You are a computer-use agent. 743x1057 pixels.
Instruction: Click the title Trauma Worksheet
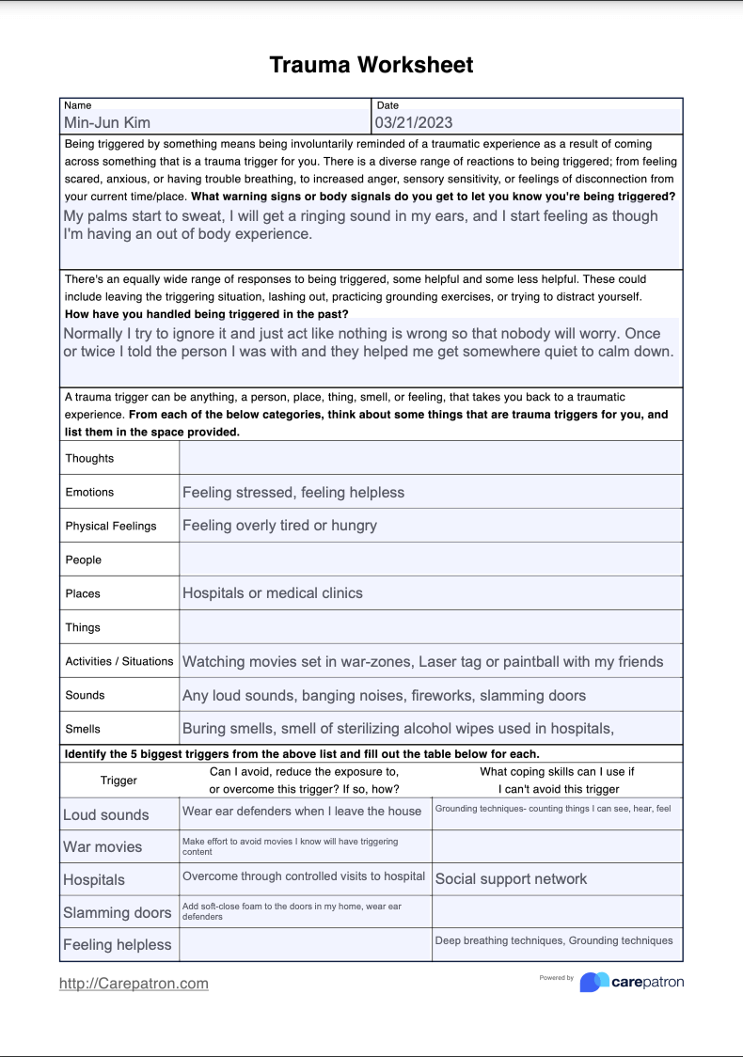tap(371, 65)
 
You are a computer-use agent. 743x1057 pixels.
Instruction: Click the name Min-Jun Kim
tap(107, 122)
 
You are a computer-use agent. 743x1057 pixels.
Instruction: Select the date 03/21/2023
tap(414, 122)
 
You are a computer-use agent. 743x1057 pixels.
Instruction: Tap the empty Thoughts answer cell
tap(430, 458)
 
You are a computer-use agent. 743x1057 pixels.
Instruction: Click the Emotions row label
tap(89, 492)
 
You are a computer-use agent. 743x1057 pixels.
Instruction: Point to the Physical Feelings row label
tap(111, 526)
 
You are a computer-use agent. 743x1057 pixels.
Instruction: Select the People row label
tap(83, 560)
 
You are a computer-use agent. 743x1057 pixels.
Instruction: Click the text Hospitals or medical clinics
tap(272, 593)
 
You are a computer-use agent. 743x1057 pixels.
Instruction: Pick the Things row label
tap(83, 627)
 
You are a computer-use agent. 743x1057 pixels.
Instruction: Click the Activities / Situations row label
tap(119, 661)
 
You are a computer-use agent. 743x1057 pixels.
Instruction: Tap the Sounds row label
tap(85, 695)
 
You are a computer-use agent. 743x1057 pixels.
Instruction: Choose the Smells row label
tap(83, 729)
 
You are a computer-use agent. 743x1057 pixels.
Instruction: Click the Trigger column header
tap(119, 780)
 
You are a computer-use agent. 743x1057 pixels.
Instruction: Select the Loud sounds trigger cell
tap(106, 814)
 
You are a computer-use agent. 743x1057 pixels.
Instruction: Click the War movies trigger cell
tap(103, 846)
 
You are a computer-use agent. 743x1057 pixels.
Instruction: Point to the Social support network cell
tap(511, 879)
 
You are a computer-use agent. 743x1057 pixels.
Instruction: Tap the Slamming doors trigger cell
tap(118, 912)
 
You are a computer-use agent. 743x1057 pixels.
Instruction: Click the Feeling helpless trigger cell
tap(118, 944)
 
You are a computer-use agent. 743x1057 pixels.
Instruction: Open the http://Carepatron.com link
tap(134, 983)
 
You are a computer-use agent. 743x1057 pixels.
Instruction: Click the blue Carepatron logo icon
tap(593, 982)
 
